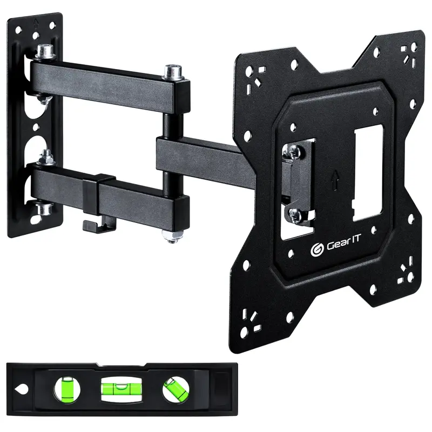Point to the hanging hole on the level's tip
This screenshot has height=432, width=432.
click(21, 388)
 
